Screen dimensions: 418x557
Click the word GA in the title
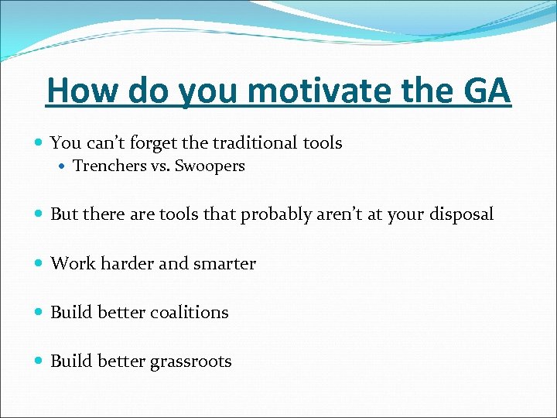coord(487,91)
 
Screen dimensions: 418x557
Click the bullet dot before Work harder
coord(39,264)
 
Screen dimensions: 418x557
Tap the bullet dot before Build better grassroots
coord(39,361)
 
